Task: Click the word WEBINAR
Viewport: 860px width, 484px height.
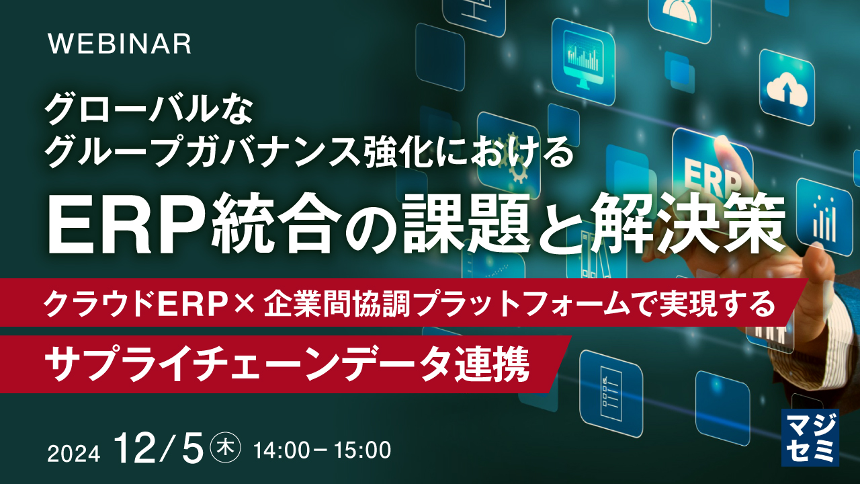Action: tap(120, 44)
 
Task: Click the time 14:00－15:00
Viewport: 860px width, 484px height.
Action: tap(321, 448)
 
